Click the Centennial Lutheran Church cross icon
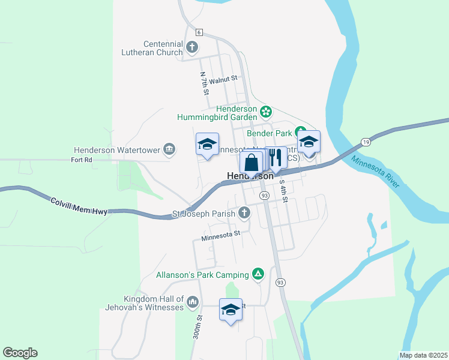point(192,46)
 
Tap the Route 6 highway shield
point(199,32)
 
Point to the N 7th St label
point(205,84)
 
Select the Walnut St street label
point(223,78)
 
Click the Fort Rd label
point(82,160)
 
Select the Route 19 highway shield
point(365,142)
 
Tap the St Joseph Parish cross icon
point(244,212)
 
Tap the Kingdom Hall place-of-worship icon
point(192,301)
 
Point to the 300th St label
point(197,327)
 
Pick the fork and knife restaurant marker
point(276,158)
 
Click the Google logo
point(20,353)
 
